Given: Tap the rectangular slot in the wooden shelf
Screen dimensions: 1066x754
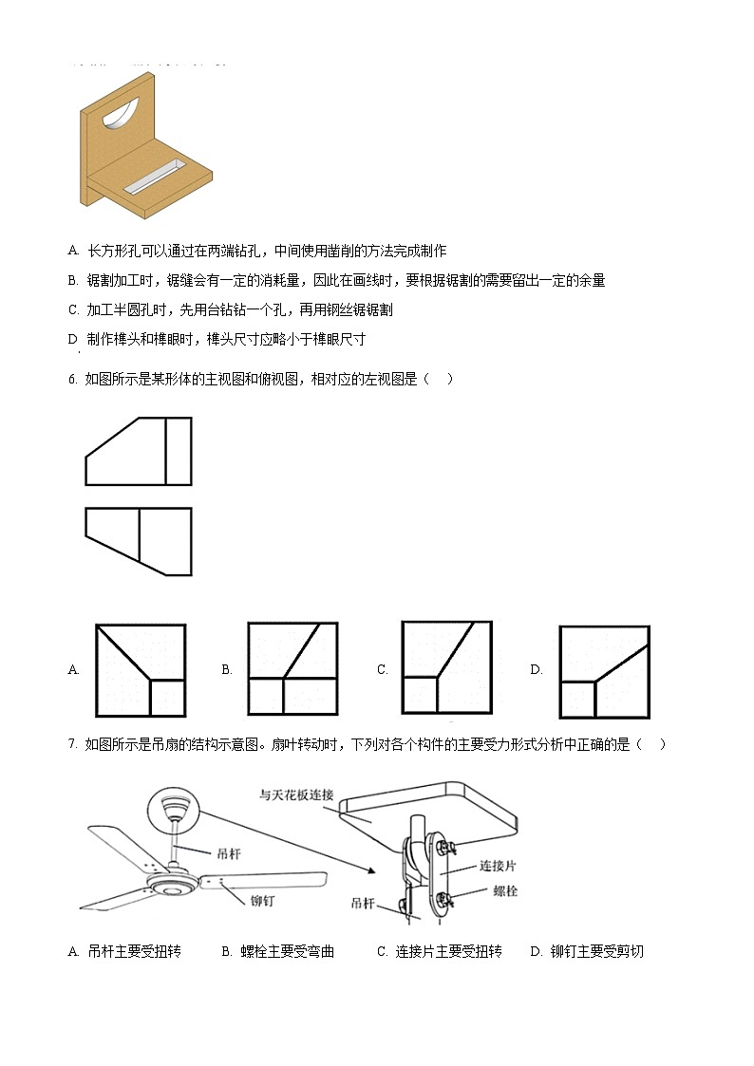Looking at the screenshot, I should click(x=155, y=178).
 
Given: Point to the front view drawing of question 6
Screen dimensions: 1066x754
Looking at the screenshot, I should click(x=139, y=452).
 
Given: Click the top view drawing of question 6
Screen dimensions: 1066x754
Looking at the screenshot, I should click(x=139, y=541).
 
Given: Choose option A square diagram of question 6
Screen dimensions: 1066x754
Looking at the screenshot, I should click(x=141, y=669).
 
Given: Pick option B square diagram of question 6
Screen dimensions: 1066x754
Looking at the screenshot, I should click(x=292, y=667).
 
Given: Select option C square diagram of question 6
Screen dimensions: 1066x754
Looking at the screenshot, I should click(x=446, y=666).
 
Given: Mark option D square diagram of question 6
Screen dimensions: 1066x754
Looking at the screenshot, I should click(x=604, y=671).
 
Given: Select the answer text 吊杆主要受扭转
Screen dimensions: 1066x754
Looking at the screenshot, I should click(x=134, y=951).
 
